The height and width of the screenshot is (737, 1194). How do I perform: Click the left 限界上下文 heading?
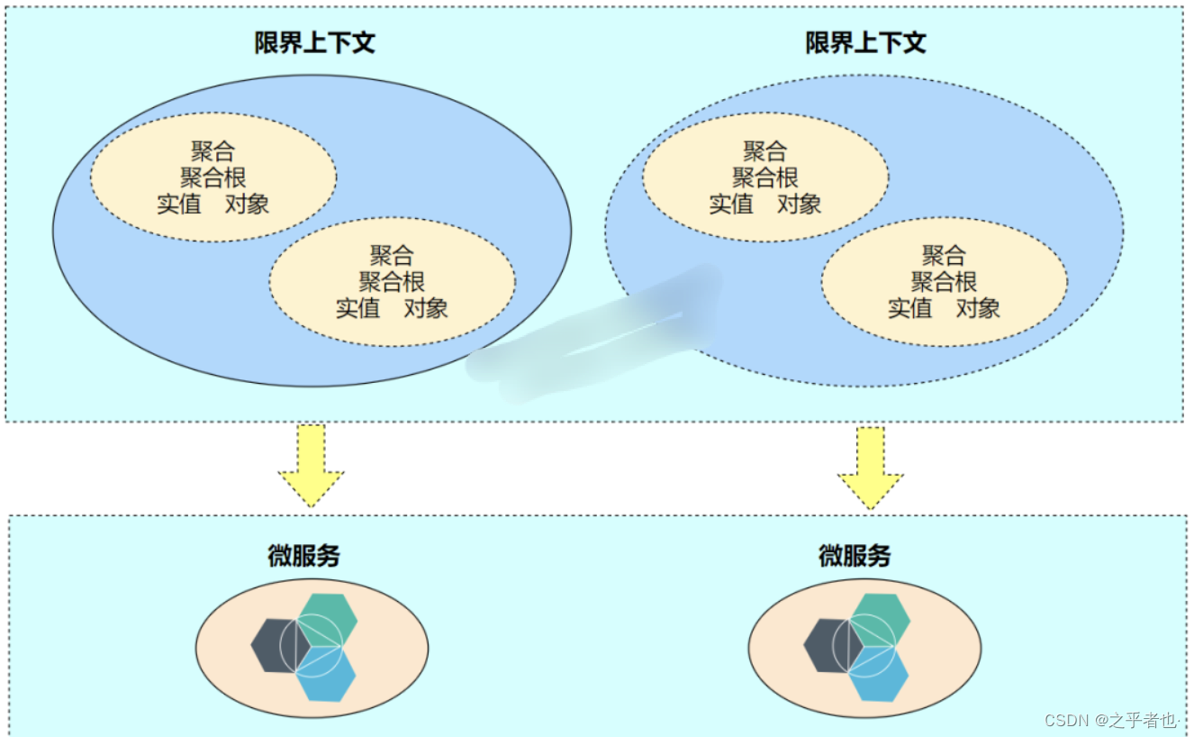coord(314,43)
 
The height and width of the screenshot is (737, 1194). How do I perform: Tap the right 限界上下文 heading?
coord(865,43)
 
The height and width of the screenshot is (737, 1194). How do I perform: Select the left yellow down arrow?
coord(311,465)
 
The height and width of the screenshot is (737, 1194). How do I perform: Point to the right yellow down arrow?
coord(871,467)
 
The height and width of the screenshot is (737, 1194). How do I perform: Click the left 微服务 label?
coord(303,556)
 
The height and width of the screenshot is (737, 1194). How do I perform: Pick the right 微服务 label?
coord(855,556)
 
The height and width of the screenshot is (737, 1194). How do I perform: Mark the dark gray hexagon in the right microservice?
coord(823,645)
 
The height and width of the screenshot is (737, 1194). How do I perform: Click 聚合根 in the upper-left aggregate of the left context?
coord(213,177)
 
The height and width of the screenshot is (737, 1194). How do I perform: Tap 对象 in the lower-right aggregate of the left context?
coord(426,308)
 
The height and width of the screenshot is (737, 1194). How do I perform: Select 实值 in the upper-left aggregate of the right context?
coord(731,204)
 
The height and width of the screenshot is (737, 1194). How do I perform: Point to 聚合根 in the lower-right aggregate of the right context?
coord(944,281)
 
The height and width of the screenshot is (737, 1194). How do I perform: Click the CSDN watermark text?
coord(1111,720)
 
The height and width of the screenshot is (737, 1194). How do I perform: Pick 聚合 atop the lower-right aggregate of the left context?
coord(392,255)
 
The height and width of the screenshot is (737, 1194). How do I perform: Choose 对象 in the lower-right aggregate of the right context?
coord(978,308)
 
